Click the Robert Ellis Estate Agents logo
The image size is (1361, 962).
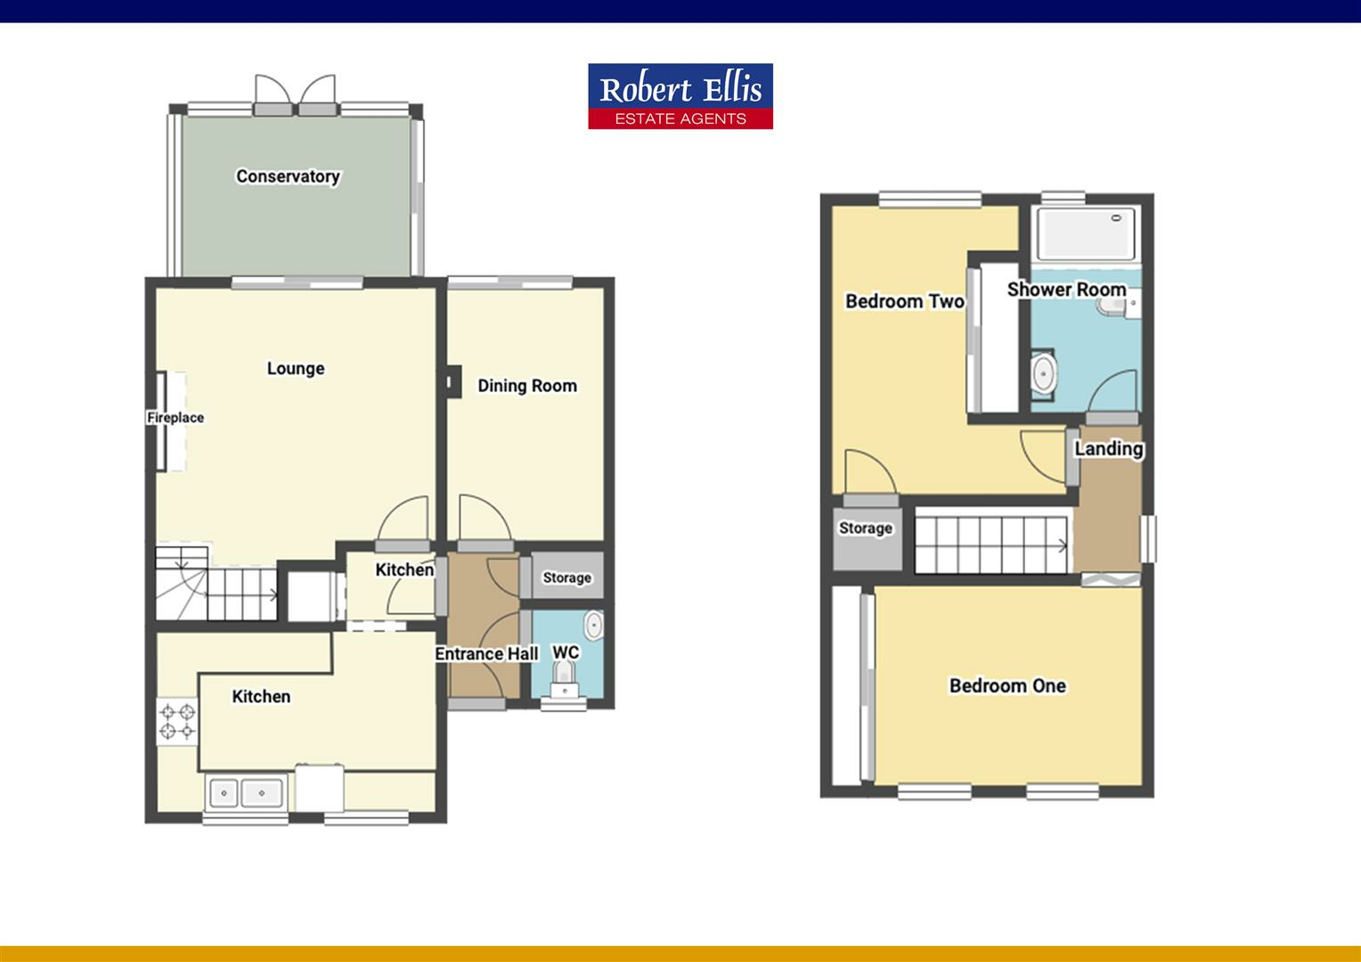[680, 96]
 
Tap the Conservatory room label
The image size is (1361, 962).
[288, 176]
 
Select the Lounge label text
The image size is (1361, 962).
[296, 368]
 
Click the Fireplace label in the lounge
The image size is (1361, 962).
[175, 418]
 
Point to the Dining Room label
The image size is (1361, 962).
[527, 386]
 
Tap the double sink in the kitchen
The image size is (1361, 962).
[245, 791]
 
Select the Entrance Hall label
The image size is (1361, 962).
[486, 654]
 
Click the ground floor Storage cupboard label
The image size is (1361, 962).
[567, 578]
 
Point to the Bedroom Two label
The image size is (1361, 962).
[904, 301]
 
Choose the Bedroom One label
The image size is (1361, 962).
[1007, 686]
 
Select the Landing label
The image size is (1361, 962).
[1108, 448]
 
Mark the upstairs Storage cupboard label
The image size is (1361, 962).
[866, 528]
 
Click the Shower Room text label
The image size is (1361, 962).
[1066, 289]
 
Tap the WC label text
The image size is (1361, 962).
[566, 653]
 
